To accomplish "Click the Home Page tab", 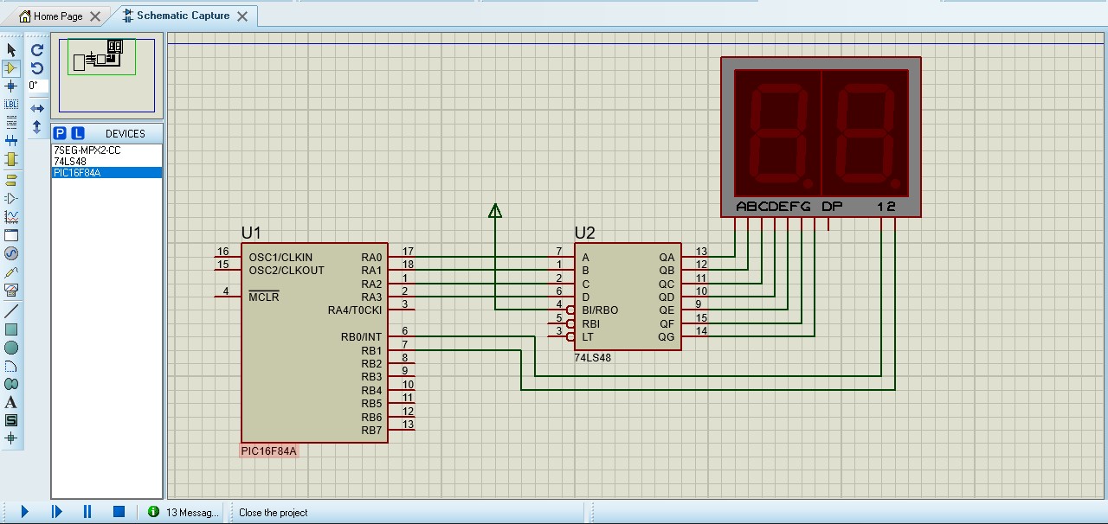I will point(58,16).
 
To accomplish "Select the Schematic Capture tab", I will point(183,16).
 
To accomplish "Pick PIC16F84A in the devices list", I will point(77,172).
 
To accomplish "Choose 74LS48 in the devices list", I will point(70,161).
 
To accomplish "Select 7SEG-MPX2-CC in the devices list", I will point(87,150).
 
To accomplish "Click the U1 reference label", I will point(251,233).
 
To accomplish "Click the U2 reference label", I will point(585,233).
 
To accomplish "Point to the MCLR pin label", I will point(264,297).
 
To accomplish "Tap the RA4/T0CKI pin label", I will point(354,310).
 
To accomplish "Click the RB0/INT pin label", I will point(361,337).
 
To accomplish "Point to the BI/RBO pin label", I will point(600,310).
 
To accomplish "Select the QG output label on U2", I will point(667,337).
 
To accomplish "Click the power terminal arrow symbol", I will point(495,210).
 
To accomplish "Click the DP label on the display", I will point(832,207).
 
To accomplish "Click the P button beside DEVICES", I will point(60,133).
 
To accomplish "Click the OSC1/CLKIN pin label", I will point(280,258).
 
